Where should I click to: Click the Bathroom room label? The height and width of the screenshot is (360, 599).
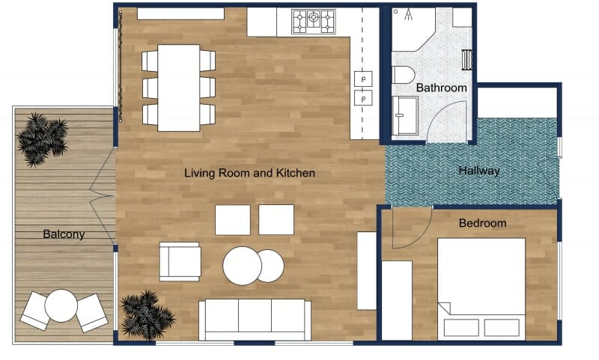pos(441,88)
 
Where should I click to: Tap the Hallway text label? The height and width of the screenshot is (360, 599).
pos(479,171)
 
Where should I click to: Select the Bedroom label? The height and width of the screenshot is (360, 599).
pos(482,223)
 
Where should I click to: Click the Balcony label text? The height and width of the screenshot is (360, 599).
pos(64,234)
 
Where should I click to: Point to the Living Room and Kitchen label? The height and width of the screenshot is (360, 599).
pos(249,173)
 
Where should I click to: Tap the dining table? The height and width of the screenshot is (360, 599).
pos(178,88)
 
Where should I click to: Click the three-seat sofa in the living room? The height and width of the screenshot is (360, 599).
pos(255,319)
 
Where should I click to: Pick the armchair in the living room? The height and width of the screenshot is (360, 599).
pos(180,261)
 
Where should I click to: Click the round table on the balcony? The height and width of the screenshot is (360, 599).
pos(61,305)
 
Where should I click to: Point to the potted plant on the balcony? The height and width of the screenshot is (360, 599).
pos(42,138)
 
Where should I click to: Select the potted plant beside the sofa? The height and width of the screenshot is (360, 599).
pos(147,314)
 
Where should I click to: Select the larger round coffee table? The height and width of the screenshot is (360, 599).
pos(242,265)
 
